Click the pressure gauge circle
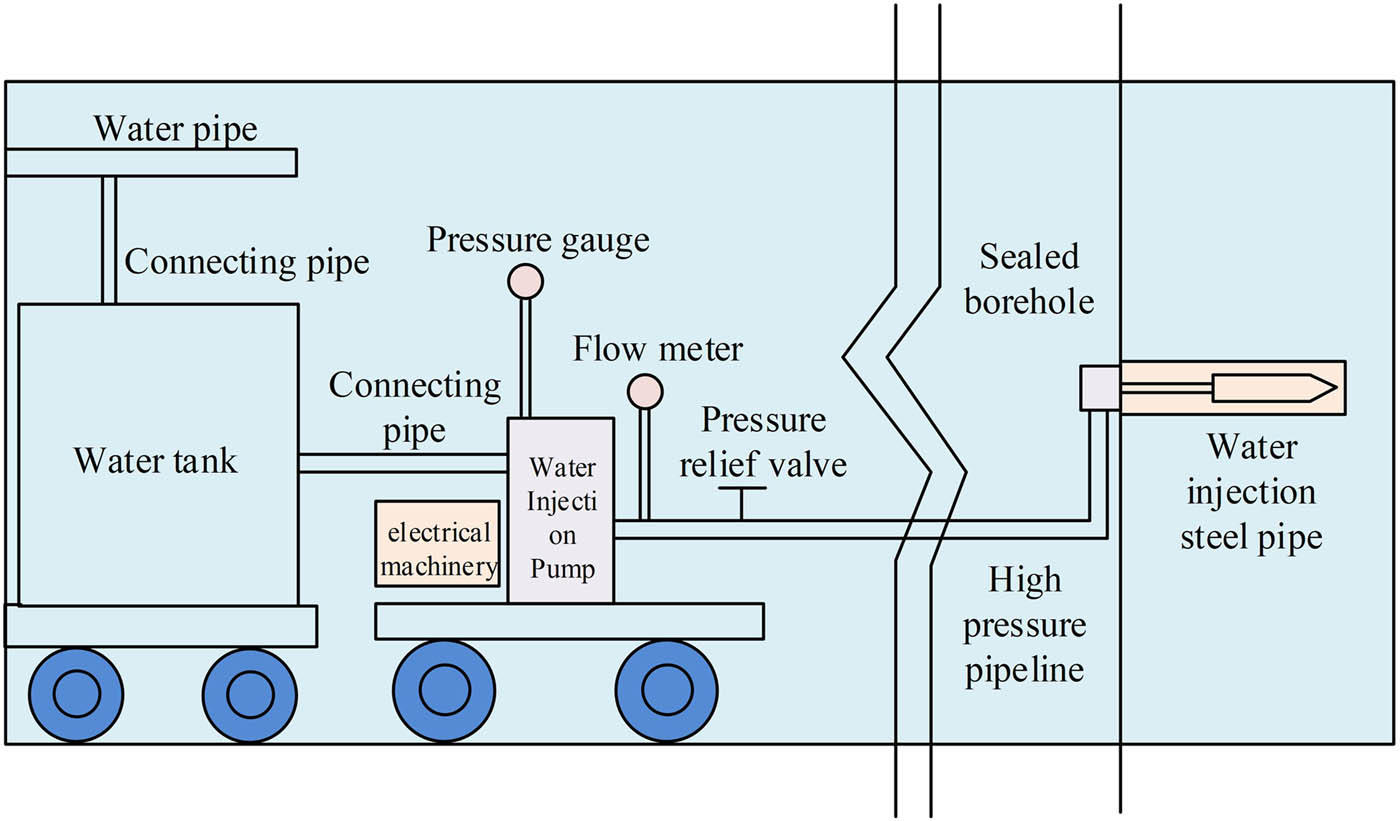tap(525, 282)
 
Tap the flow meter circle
tap(645, 391)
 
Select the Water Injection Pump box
tap(561, 510)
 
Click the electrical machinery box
tap(436, 543)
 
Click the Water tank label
tap(156, 461)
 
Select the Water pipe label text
tap(175, 129)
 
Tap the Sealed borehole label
tap(1029, 279)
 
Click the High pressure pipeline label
tap(1025, 624)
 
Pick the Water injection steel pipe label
tap(1251, 492)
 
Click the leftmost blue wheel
tap(77, 694)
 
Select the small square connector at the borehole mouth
tap(1099, 388)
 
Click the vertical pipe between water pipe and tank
tap(109, 240)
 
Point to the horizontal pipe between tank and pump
tap(402, 462)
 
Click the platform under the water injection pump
tap(569, 621)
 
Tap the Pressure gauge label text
tap(538, 241)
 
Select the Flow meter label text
tap(658, 350)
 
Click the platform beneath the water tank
tap(160, 626)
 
